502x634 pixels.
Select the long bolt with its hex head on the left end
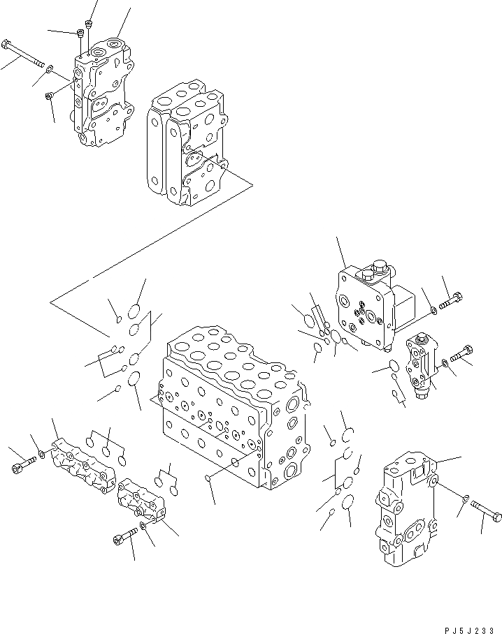25,52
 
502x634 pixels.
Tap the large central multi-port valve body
231,412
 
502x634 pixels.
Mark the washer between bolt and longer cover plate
43,456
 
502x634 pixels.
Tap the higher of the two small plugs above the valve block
88,24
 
